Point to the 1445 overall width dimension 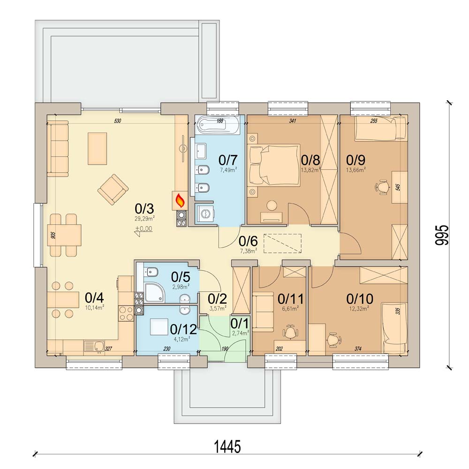(227, 447)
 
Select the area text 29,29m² (144, 219)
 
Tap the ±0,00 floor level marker (144, 230)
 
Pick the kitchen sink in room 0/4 (94, 347)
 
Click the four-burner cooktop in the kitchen (126, 313)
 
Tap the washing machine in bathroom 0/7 (205, 213)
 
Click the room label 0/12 (183, 329)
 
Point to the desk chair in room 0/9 (382, 187)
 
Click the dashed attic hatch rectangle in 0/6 (282, 243)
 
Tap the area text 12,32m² (360, 309)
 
